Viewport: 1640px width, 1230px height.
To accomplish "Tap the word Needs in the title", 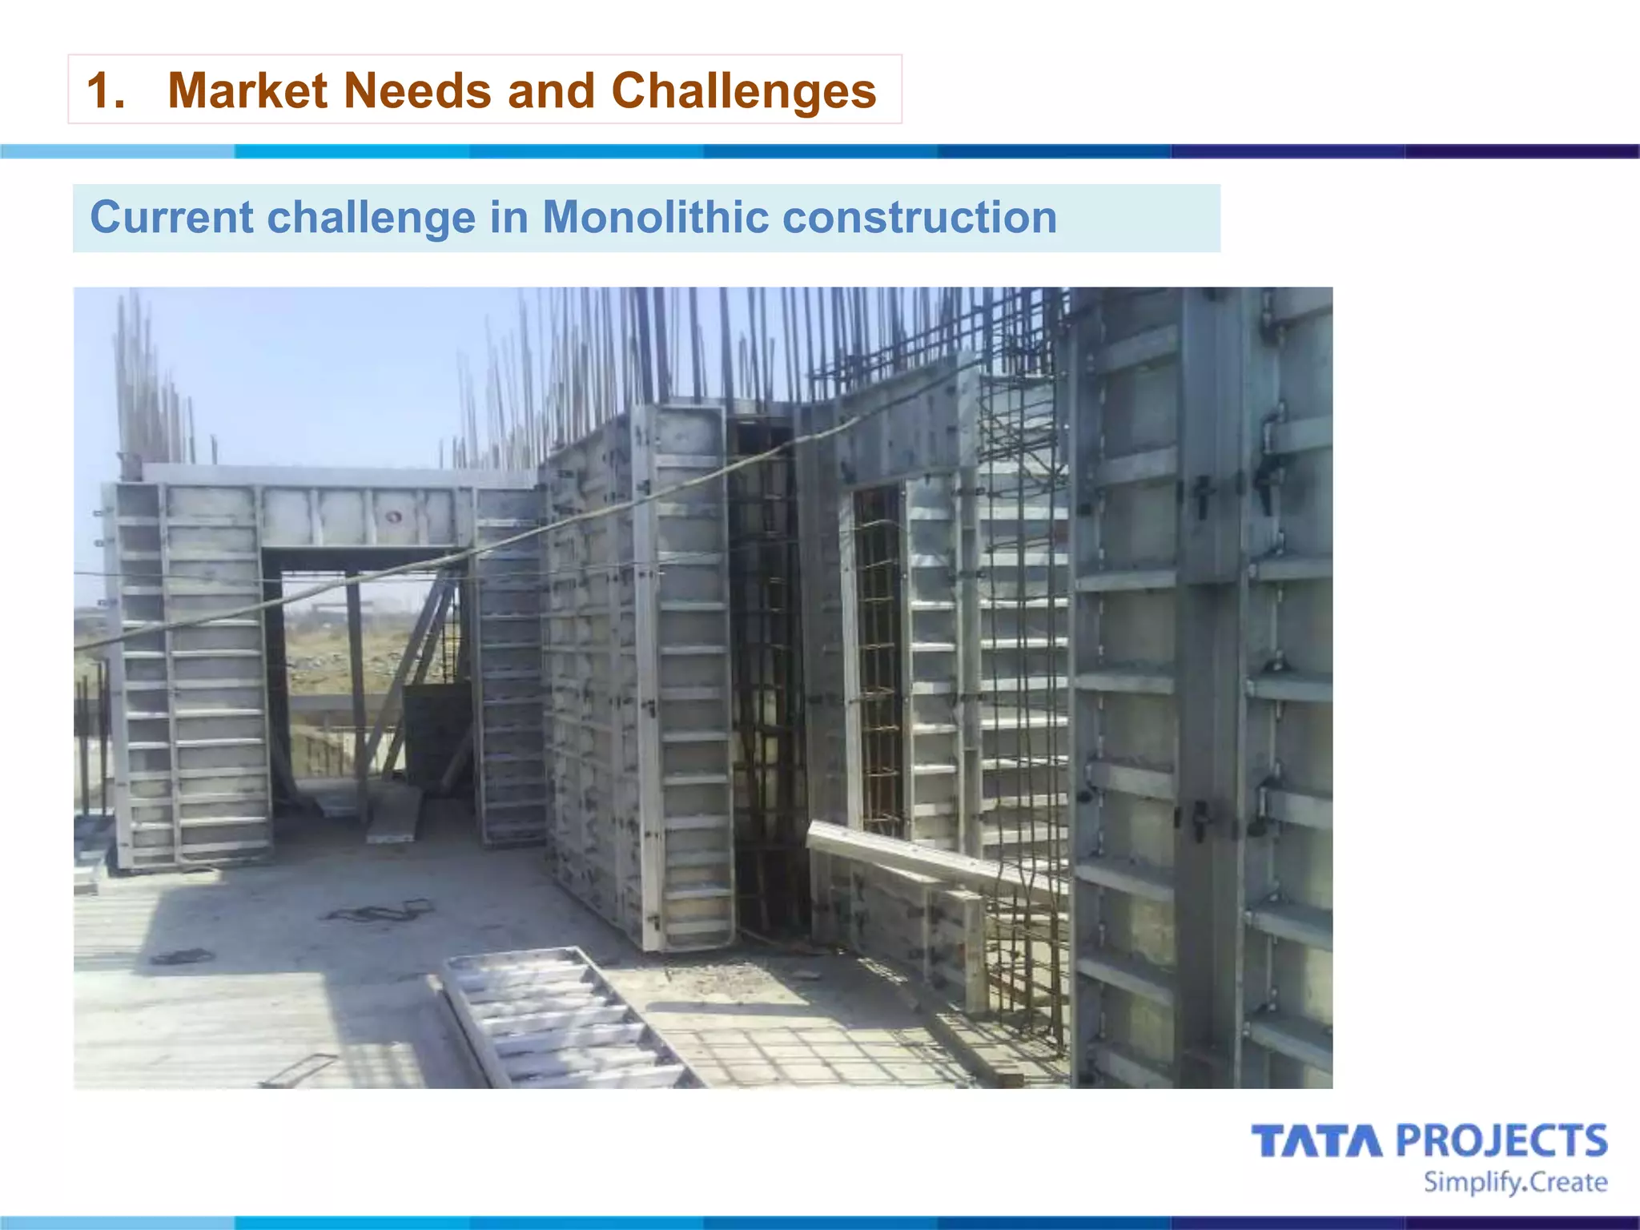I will point(416,90).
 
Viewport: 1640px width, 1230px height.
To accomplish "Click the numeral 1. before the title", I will point(106,90).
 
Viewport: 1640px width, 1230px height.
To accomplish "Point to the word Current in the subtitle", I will point(171,218).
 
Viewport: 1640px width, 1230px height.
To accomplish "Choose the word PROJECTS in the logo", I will point(1502,1141).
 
